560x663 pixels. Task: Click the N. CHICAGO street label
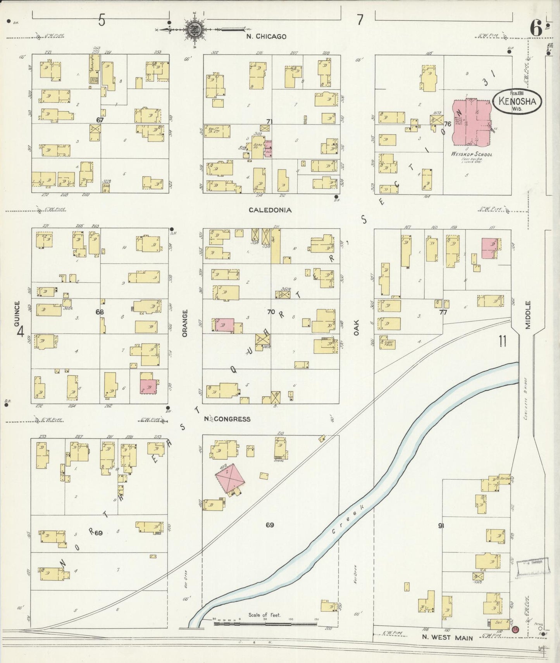coord(267,36)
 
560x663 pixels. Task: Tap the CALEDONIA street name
coord(270,210)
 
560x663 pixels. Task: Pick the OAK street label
coord(356,327)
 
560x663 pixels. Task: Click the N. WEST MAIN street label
coord(447,637)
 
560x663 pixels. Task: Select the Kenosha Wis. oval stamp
coord(517,102)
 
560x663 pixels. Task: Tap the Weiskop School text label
coord(472,154)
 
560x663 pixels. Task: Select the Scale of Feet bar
coord(265,624)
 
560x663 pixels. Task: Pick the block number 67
coord(100,120)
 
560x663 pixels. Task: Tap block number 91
coord(441,526)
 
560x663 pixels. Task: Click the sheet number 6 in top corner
coord(536,28)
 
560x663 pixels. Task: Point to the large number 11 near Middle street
coord(503,341)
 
